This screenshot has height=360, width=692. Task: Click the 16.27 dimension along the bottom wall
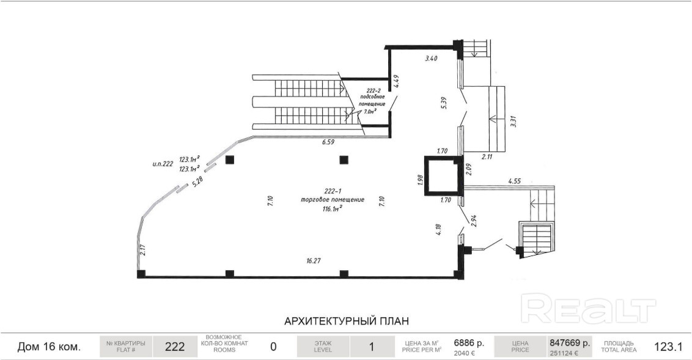[x=314, y=261]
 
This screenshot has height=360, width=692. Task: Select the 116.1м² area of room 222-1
[x=333, y=208]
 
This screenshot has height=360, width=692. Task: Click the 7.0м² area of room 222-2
[x=369, y=112]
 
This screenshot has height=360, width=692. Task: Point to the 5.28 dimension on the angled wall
[x=197, y=182]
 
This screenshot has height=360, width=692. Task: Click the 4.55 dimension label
[x=515, y=181]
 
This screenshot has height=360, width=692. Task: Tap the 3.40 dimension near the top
[x=431, y=58]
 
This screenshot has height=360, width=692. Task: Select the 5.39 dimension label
[x=444, y=103]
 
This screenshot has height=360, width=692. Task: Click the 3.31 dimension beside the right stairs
[x=513, y=121]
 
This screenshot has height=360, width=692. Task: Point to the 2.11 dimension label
[x=487, y=156]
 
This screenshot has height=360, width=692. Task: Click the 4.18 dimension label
[x=438, y=230]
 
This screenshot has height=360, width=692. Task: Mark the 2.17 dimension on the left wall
[x=142, y=250]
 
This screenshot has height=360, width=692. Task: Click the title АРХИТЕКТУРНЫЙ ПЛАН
[x=347, y=321]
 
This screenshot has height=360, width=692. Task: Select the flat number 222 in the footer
[x=175, y=347]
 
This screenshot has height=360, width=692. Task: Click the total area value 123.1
[x=668, y=347]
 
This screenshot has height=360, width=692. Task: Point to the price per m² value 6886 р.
[x=469, y=342]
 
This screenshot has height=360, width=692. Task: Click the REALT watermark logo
[x=588, y=308]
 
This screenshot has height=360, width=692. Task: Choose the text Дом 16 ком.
[x=49, y=347]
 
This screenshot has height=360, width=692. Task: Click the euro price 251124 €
[x=564, y=353]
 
